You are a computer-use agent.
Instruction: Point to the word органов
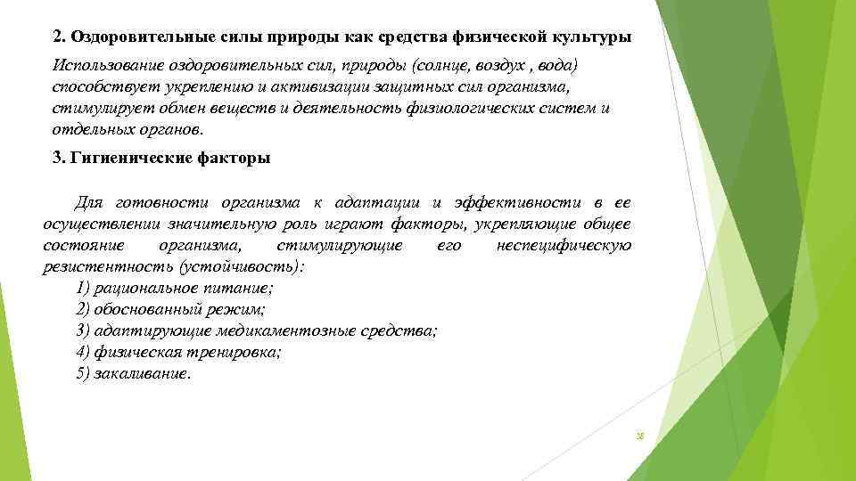171,130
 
